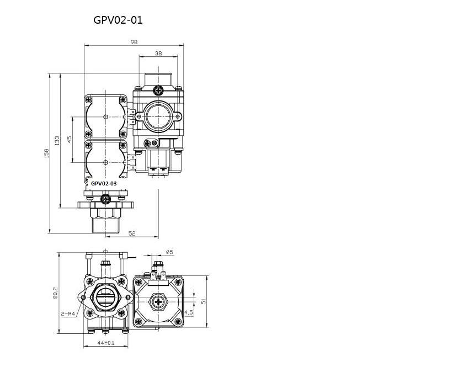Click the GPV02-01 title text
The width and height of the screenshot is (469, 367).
point(118,20)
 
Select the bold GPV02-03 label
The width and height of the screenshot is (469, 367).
point(104,183)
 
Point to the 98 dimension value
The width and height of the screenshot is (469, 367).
point(134,42)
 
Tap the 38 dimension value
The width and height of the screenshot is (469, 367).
point(158,53)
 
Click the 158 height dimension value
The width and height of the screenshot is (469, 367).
point(46,153)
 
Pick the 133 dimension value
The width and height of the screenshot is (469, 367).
point(57,141)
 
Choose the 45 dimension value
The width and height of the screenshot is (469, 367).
point(70,140)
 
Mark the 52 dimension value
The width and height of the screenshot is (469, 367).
point(132,233)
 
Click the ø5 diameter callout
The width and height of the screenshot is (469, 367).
point(169,252)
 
